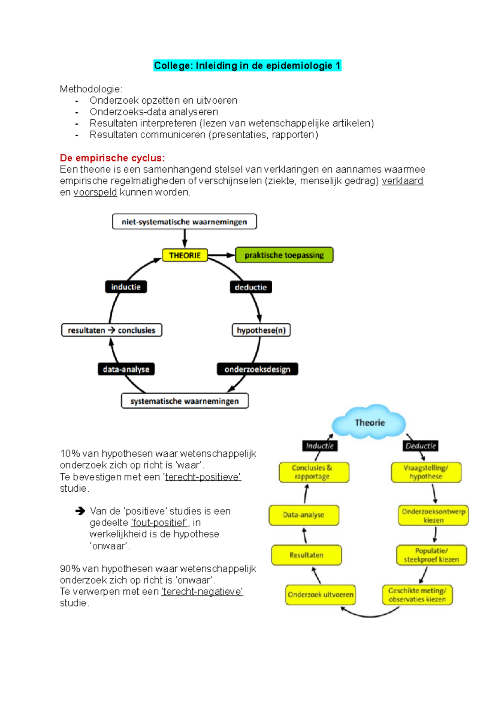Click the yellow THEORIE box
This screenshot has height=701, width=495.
pos(184,255)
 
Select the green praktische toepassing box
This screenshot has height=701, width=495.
pos(284,255)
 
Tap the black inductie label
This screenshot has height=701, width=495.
pos(126,287)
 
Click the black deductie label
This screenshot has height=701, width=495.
pos(251,287)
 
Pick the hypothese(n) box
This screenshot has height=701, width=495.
pos(261,330)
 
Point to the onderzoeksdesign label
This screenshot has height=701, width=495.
pos(257,369)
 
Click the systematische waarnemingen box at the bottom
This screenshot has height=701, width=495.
pos(184,401)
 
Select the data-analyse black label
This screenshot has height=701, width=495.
pos(126,369)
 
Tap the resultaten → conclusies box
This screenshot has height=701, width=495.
pos(111,330)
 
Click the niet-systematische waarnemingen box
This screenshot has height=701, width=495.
pos(184,222)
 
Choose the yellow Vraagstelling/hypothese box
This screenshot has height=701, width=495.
pos(426,472)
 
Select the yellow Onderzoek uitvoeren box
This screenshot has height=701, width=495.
pos(321,595)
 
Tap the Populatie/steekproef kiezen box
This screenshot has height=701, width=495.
pos(431,555)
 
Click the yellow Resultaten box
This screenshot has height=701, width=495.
pos(306,555)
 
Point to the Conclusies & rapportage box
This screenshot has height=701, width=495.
pos(313,472)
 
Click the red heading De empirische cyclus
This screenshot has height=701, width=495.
pos(112,158)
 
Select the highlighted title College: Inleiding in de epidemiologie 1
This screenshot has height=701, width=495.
pos(247,66)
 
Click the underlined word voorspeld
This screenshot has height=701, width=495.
pos(95,192)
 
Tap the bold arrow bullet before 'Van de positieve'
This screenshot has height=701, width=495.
pos(80,511)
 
